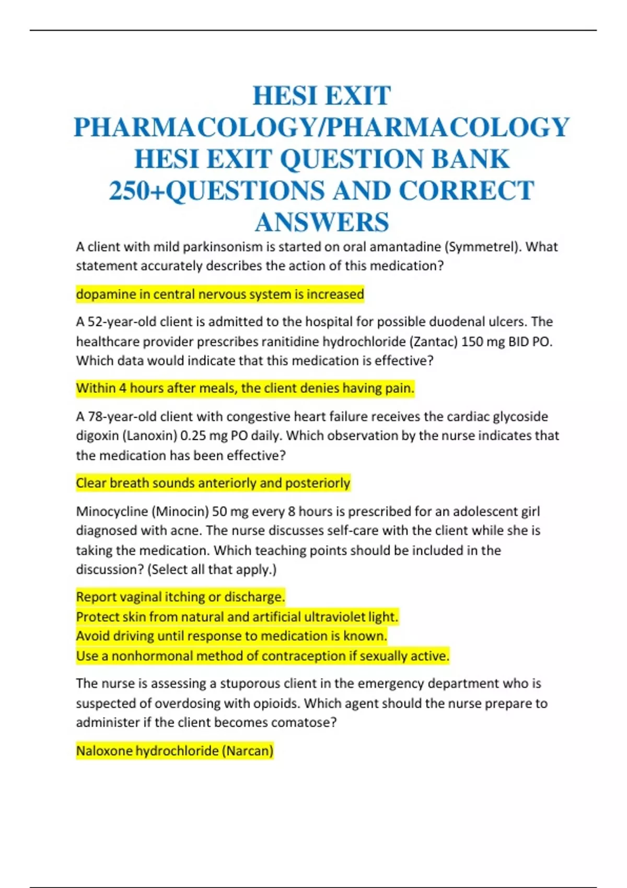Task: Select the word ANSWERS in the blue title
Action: click(322, 222)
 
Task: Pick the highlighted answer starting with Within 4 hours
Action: click(245, 388)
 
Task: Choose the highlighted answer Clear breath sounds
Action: click(213, 483)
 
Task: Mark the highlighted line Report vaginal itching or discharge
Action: click(180, 597)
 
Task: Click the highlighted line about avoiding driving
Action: click(231, 636)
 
